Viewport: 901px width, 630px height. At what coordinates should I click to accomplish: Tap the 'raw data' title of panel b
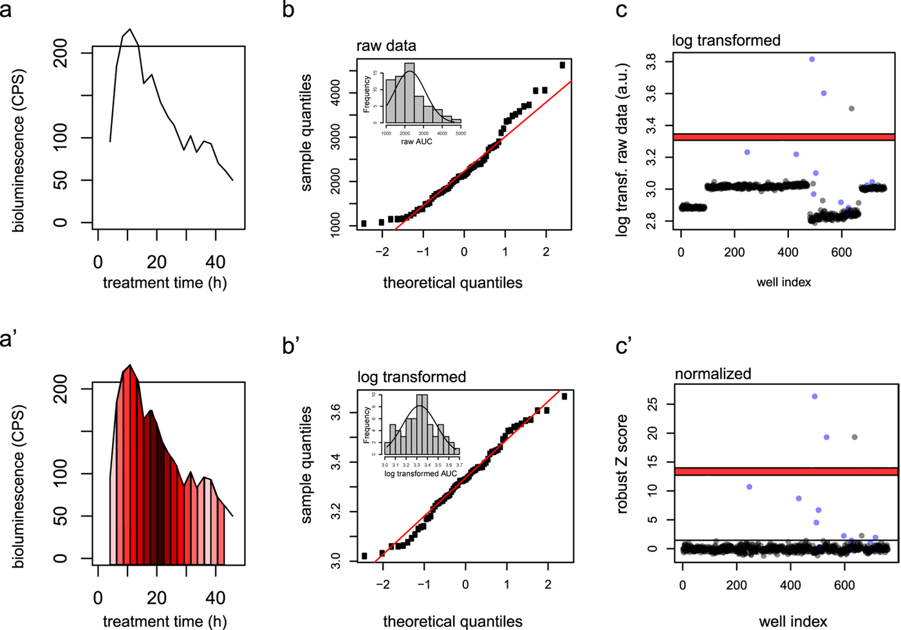tap(386, 46)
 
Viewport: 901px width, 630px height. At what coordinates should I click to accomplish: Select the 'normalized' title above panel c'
tap(713, 373)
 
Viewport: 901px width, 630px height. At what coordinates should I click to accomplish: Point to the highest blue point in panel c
tap(812, 59)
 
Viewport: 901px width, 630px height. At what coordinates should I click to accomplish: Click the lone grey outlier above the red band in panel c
tap(851, 109)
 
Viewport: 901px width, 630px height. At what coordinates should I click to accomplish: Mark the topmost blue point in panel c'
tap(815, 396)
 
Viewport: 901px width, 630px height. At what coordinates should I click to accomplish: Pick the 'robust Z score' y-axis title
tap(622, 463)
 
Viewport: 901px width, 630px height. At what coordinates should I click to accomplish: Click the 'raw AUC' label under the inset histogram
tap(417, 141)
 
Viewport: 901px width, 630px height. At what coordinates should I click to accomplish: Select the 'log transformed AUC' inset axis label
tap(420, 474)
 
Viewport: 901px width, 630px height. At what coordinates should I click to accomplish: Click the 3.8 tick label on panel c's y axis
tap(651, 62)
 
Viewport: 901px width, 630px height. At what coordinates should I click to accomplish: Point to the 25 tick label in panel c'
tap(653, 405)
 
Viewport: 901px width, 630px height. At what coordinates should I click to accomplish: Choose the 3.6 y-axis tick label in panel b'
tap(336, 412)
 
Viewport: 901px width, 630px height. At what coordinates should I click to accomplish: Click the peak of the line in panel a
tap(130, 30)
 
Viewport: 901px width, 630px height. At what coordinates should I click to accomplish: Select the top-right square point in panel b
tap(562, 65)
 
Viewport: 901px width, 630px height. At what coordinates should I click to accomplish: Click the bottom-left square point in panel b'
tap(364, 556)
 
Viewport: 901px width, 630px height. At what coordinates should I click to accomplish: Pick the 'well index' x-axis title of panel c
tap(784, 282)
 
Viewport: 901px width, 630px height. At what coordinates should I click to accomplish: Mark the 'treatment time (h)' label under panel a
tap(165, 283)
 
